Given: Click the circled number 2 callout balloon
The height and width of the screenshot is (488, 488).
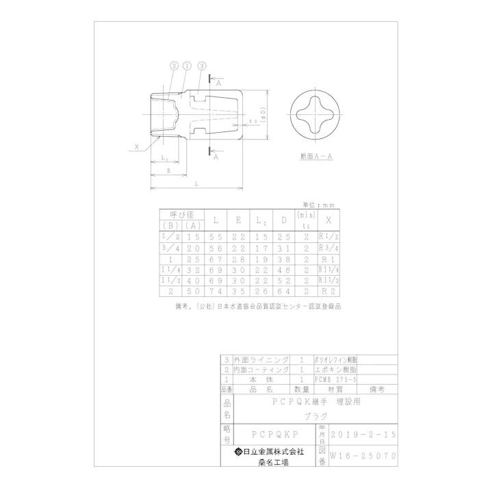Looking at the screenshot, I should click(x=174, y=66).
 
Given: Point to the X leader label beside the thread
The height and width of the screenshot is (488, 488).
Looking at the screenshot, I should click(x=137, y=146).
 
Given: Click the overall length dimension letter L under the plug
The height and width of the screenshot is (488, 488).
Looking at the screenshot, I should click(x=196, y=184).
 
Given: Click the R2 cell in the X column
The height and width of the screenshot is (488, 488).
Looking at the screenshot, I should click(x=329, y=292).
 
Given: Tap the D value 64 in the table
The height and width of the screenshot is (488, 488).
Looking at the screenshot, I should click(x=283, y=292).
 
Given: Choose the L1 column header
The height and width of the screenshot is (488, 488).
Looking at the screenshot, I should click(x=261, y=220).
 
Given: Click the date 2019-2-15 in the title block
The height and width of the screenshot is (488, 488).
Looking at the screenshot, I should click(x=363, y=435).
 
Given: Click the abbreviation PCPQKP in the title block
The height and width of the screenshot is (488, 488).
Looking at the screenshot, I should click(x=274, y=435).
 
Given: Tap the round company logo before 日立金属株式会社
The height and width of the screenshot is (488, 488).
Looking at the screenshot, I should click(x=239, y=452).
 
